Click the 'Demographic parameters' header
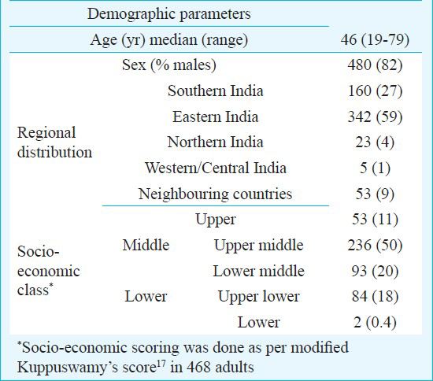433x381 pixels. click(x=169, y=14)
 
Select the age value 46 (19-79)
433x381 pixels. click(x=375, y=40)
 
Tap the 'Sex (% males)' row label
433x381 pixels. click(x=169, y=65)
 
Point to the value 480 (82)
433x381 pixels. click(x=375, y=65)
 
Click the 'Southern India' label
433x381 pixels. click(x=216, y=91)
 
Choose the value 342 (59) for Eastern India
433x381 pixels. click(x=375, y=117)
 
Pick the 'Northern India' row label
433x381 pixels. click(x=216, y=142)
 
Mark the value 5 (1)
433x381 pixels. click(x=375, y=168)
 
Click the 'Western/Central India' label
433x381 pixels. click(x=216, y=168)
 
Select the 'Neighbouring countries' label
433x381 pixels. click(x=216, y=194)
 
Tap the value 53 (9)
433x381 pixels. click(x=375, y=194)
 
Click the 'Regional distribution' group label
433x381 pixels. click(x=54, y=142)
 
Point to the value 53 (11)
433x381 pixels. click(x=375, y=220)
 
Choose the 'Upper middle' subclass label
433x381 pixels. click(x=259, y=246)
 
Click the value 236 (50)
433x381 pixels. click(x=375, y=246)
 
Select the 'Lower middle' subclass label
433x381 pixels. click(x=259, y=271)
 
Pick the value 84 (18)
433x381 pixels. click(x=375, y=297)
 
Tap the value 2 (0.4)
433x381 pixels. click(x=375, y=323)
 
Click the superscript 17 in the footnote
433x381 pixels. click(x=161, y=363)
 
